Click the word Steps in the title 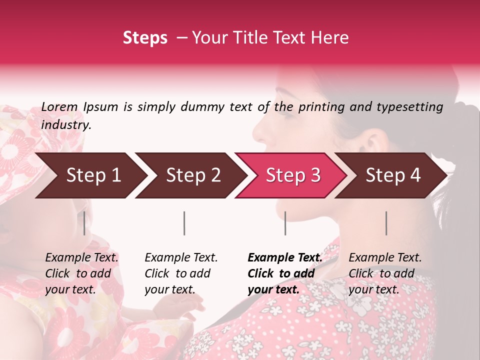[x=145, y=38]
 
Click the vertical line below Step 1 [x=84, y=223]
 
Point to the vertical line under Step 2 [x=184, y=223]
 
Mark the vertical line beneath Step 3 [x=285, y=223]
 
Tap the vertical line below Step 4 [x=386, y=223]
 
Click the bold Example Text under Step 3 [x=285, y=273]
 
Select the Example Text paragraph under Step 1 [x=81, y=273]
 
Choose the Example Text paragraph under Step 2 [x=181, y=273]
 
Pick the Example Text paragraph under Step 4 [x=385, y=273]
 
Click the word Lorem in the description [x=59, y=107]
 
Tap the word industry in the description [x=66, y=125]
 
